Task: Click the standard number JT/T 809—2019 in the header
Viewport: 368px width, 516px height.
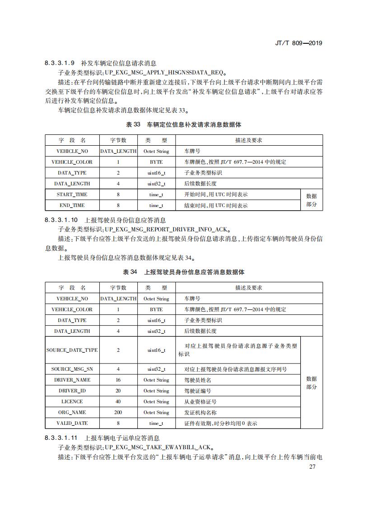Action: click(x=298, y=43)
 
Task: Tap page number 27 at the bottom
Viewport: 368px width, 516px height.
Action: click(x=312, y=466)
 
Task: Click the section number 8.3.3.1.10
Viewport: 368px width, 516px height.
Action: click(x=62, y=220)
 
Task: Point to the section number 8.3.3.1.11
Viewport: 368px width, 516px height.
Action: click(x=62, y=438)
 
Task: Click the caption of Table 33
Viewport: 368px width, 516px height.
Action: click(x=184, y=124)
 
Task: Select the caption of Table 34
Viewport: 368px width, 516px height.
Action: click(x=184, y=272)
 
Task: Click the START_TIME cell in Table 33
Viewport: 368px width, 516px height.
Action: click(x=72, y=194)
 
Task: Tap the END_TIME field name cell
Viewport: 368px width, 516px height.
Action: click(x=72, y=205)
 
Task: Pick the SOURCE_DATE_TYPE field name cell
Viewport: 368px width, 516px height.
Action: click(x=72, y=350)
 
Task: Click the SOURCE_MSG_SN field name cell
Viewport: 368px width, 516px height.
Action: click(x=72, y=369)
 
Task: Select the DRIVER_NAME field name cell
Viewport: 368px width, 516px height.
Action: click(x=72, y=380)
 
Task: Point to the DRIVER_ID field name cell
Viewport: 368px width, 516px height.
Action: click(x=72, y=391)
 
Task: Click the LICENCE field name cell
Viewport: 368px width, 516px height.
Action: click(x=72, y=401)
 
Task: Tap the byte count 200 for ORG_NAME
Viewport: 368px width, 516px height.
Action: click(x=118, y=412)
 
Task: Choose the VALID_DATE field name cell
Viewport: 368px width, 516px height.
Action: click(x=72, y=423)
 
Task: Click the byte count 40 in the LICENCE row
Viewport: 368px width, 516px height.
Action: click(x=118, y=401)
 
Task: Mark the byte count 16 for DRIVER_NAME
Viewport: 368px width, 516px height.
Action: click(x=118, y=380)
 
